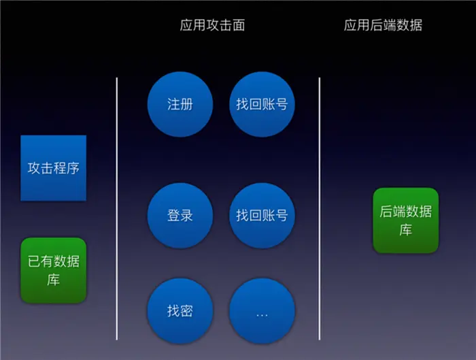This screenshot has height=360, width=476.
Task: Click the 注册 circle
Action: (180, 105)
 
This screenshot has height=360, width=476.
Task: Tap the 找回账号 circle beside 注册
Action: (262, 105)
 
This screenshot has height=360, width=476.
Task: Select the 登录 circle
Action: (180, 216)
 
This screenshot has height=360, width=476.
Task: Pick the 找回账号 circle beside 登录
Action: (262, 216)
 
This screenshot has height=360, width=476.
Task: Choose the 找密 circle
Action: (180, 311)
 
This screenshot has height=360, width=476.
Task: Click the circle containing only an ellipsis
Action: (262, 311)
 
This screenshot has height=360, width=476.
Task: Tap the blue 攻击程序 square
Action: (54, 168)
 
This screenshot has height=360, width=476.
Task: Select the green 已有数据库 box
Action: (54, 270)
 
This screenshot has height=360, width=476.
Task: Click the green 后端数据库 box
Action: (405, 220)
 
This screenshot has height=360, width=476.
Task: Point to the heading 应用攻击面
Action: (212, 26)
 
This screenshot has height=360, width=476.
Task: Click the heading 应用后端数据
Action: (383, 26)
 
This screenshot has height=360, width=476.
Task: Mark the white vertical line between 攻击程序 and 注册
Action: (117, 208)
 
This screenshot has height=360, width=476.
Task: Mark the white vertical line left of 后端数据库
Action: (320, 208)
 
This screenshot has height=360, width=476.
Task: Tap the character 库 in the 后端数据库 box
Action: (406, 230)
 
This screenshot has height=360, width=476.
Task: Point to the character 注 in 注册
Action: (173, 105)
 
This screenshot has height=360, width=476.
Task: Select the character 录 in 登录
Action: (187, 216)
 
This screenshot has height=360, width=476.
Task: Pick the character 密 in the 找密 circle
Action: (187, 311)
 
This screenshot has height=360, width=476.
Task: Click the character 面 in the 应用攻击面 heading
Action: (238, 26)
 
